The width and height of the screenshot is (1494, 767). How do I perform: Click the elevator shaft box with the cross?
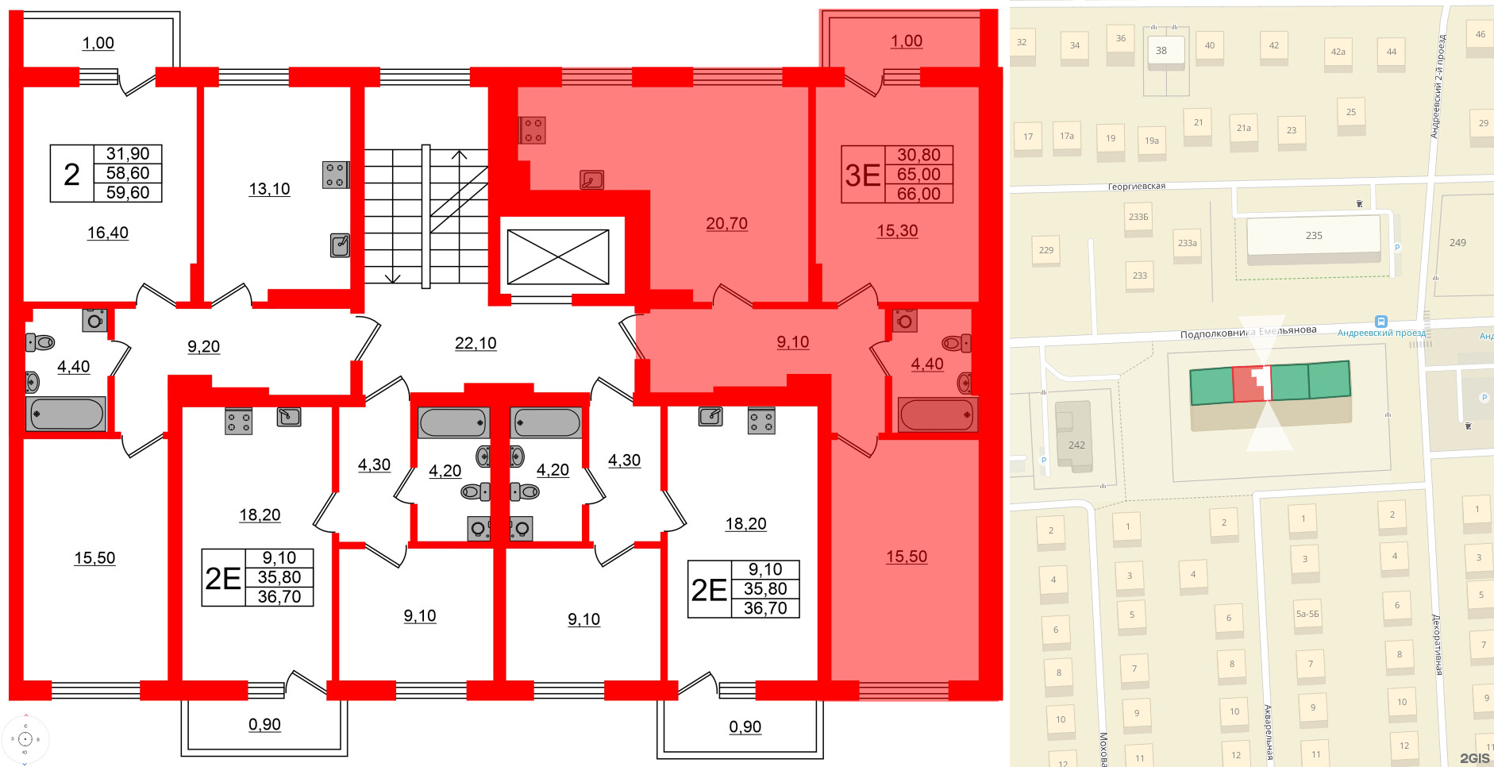click(x=558, y=256)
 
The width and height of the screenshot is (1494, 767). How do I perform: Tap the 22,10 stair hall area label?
click(x=476, y=343)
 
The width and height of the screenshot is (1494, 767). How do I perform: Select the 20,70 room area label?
click(x=726, y=224)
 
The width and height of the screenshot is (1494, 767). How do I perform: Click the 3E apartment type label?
click(x=863, y=175)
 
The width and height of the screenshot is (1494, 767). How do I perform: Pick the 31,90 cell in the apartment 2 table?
click(x=128, y=154)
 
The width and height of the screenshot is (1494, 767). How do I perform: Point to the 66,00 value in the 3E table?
click(x=918, y=194)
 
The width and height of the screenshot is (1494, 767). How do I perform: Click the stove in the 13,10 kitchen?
click(x=335, y=175)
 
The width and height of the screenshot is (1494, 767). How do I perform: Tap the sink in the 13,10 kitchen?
click(x=340, y=245)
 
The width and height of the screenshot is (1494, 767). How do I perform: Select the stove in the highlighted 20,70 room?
click(x=533, y=130)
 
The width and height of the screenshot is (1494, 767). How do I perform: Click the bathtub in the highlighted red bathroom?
click(x=937, y=414)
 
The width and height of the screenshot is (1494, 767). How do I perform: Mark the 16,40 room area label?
click(x=108, y=233)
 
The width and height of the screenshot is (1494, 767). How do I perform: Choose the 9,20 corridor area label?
click(x=204, y=346)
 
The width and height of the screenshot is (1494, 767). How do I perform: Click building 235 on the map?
click(x=1314, y=236)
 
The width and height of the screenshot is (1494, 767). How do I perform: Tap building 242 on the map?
click(x=1076, y=445)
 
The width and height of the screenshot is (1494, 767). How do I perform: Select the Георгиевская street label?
click(x=1136, y=187)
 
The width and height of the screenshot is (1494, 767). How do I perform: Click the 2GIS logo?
click(x=1474, y=758)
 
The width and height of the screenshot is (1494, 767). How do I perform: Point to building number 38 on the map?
click(x=1161, y=51)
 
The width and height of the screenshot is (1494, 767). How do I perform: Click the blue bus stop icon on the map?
click(x=1381, y=322)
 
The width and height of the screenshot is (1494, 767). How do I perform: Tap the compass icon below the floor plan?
click(x=25, y=739)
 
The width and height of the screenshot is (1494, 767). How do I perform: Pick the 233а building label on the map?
click(x=1187, y=244)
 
